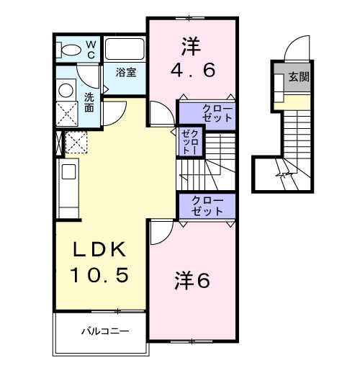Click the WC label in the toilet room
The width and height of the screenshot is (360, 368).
pos(91,49)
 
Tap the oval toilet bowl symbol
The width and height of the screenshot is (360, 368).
pos(71,50)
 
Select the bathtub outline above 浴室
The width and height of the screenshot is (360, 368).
pos(125,49)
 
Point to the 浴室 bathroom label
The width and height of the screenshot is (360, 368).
pos(127,72)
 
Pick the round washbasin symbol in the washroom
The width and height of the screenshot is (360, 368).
pos(66,91)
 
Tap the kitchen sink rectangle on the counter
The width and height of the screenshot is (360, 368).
pos(69,173)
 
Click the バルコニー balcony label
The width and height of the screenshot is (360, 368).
pos(104,333)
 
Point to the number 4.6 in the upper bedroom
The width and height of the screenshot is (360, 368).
pos(192,71)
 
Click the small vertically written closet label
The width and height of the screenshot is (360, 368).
pos(191,141)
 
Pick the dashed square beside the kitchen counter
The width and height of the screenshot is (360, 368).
pos(76,143)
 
